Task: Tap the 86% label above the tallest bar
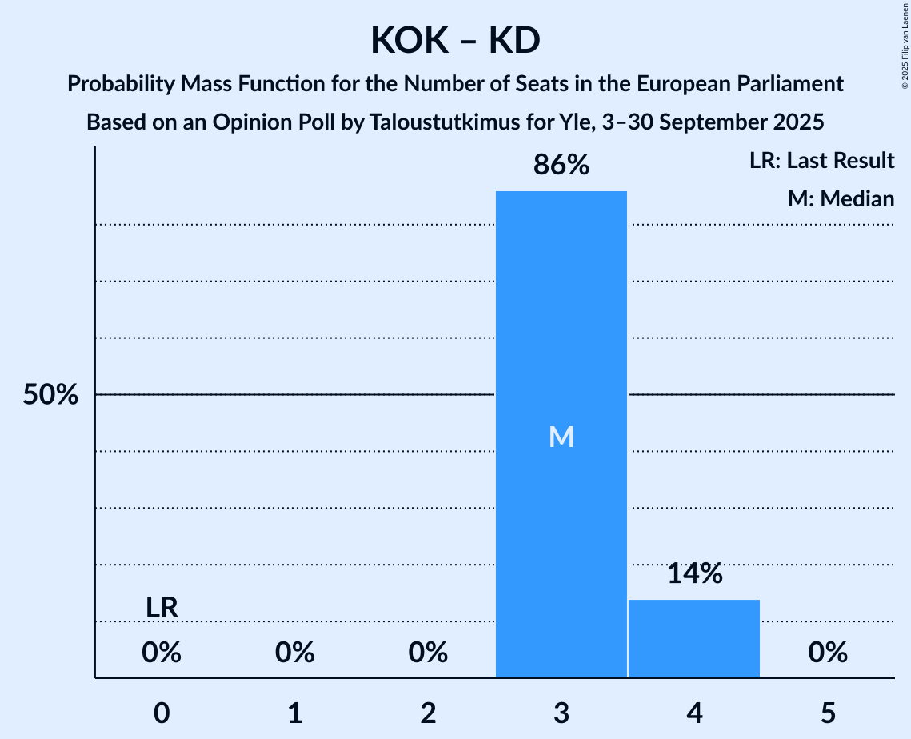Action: (x=561, y=166)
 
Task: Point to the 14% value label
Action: (x=694, y=573)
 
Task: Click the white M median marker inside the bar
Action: (x=561, y=437)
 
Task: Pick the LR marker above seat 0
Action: (x=162, y=608)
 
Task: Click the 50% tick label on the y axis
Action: (x=50, y=395)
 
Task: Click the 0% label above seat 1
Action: (x=294, y=653)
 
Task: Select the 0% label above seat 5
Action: (x=828, y=653)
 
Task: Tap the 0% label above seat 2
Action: (x=428, y=653)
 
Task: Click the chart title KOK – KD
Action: (x=455, y=40)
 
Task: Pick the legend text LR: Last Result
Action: (x=821, y=161)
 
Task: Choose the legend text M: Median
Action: (x=841, y=198)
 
